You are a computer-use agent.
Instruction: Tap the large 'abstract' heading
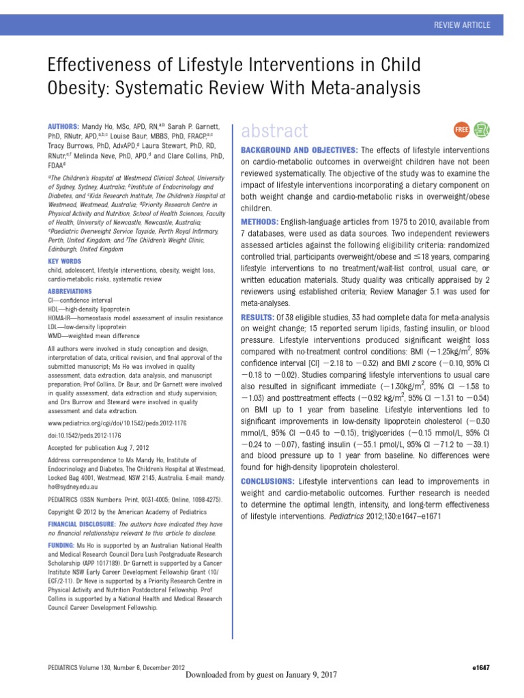(271, 130)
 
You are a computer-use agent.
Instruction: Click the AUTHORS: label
(63, 127)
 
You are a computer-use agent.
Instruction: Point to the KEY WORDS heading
(64, 261)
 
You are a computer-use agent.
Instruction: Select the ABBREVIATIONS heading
(70, 291)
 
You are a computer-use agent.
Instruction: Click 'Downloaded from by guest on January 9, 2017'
(261, 674)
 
